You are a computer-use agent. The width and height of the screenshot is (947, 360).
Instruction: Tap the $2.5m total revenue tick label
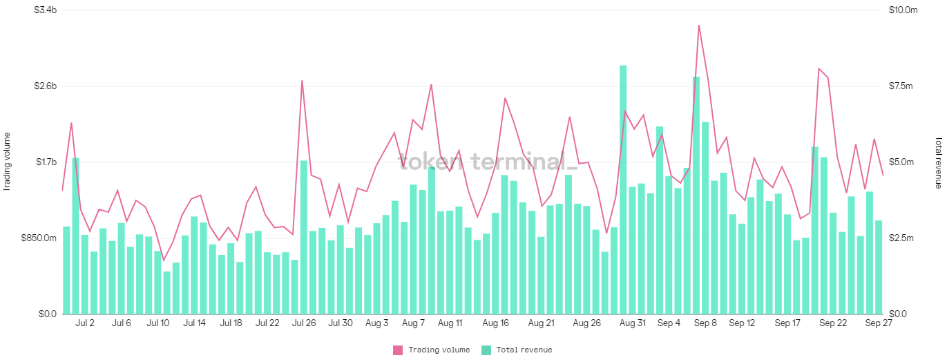click(x=901, y=238)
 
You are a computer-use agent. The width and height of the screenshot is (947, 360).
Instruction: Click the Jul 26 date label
click(x=304, y=323)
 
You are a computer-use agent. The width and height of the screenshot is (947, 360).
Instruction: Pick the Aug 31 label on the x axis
click(x=633, y=323)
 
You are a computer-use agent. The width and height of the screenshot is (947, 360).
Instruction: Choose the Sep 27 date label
click(x=878, y=323)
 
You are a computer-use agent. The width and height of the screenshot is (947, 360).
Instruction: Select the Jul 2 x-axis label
click(x=85, y=323)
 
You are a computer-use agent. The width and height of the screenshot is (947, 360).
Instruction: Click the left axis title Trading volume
click(x=8, y=161)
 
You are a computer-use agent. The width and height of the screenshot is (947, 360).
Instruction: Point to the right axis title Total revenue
click(x=938, y=162)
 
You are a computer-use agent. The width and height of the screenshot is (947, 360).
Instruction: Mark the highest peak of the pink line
click(x=699, y=26)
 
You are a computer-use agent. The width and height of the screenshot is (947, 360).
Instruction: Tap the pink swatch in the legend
click(x=398, y=350)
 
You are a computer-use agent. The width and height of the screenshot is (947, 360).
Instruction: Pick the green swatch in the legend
click(x=486, y=350)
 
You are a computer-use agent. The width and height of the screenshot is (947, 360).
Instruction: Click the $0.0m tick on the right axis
click(x=901, y=314)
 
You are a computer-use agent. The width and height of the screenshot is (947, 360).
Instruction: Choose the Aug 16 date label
click(x=495, y=323)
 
